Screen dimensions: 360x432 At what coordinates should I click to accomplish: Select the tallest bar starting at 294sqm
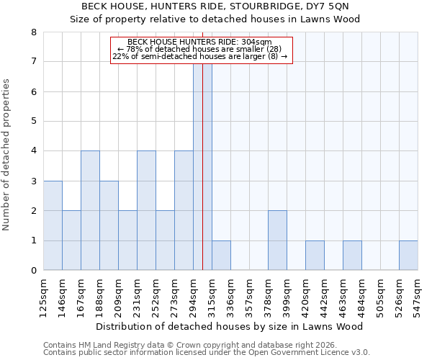click(x=202, y=166)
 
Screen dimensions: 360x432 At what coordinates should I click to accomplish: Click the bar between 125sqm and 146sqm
click(x=53, y=225)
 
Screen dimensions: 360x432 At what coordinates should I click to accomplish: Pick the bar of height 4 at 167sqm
click(x=90, y=210)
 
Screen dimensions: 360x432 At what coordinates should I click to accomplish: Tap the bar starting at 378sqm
click(x=277, y=240)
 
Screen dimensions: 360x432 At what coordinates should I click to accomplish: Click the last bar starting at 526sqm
click(x=408, y=256)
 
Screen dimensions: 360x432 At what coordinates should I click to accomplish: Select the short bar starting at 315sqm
click(x=221, y=256)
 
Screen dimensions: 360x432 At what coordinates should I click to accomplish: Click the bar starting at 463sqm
click(x=352, y=256)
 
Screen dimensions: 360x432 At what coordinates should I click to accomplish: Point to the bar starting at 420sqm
click(x=315, y=256)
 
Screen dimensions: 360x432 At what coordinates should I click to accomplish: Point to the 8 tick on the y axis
click(x=33, y=32)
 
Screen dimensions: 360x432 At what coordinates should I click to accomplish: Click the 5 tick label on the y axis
click(x=33, y=122)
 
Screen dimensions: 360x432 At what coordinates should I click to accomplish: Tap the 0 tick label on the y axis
click(x=33, y=271)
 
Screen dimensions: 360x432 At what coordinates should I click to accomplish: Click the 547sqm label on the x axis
click(x=418, y=296)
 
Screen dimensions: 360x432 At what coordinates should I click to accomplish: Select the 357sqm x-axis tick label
click(x=249, y=296)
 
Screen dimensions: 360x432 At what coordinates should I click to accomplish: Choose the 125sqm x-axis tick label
click(x=43, y=296)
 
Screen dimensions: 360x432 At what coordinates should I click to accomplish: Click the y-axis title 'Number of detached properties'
click(x=7, y=155)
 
